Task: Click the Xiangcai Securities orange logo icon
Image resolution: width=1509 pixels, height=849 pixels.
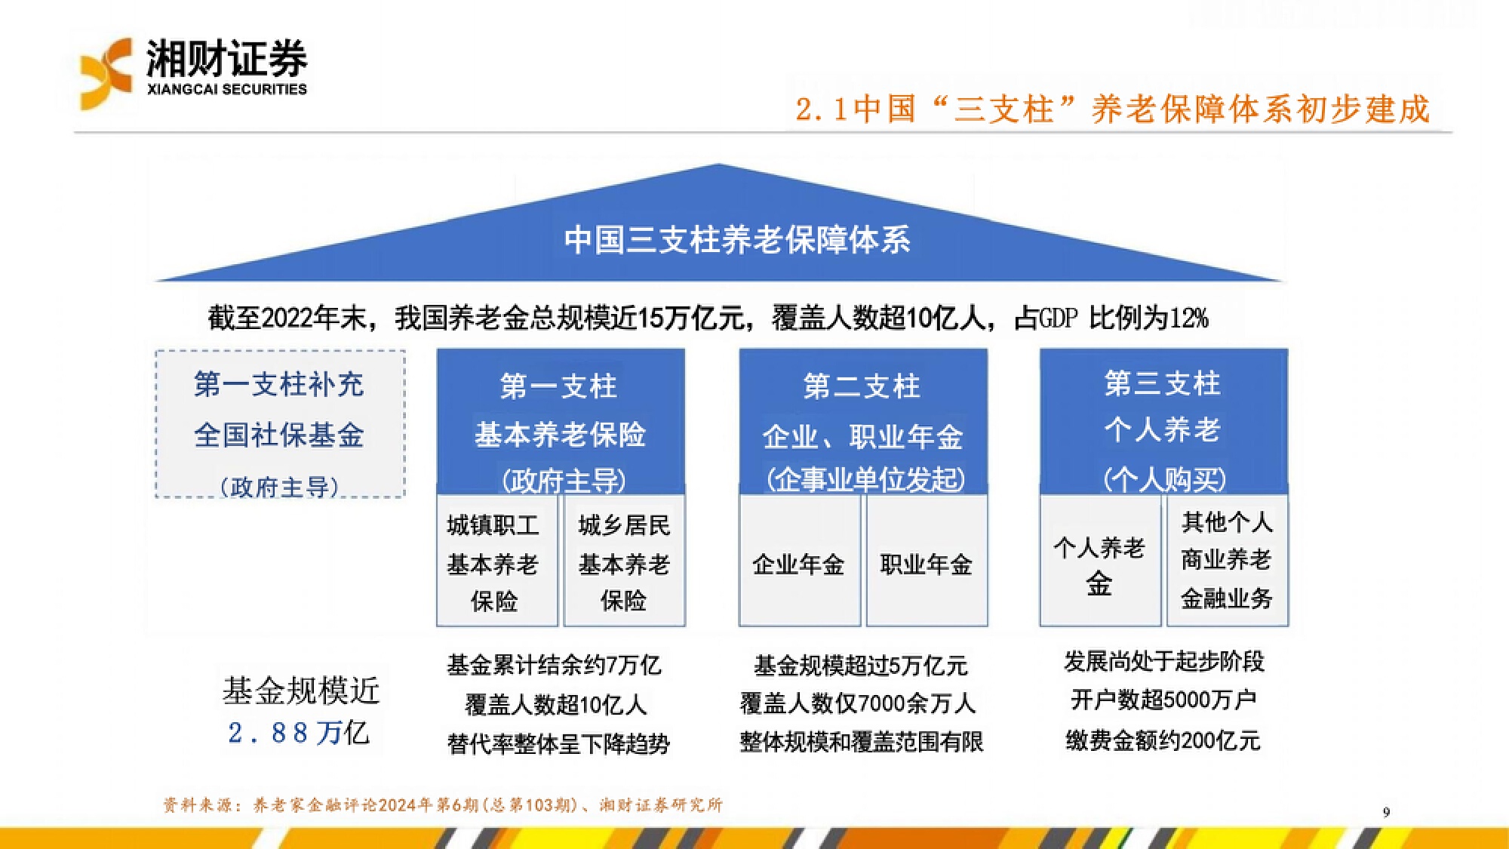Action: coord(106,74)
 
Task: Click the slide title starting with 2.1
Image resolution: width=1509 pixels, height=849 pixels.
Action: coord(1113,109)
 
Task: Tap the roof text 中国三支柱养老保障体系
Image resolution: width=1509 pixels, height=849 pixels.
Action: coord(737,239)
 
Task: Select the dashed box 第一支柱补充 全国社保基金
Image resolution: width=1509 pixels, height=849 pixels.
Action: coord(280,423)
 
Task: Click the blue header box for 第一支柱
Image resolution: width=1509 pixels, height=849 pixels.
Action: coord(561,421)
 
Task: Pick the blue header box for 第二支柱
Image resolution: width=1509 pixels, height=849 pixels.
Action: coord(863,421)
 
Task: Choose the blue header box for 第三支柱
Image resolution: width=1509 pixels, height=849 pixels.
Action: coord(1163,421)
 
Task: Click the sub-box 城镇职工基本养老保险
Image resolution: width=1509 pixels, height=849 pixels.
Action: coord(497,561)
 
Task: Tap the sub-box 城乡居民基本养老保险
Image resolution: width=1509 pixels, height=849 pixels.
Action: coord(625,561)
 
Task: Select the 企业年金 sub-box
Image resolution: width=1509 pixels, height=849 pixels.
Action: coord(800,561)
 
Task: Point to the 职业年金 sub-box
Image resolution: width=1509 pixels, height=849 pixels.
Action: coord(927,561)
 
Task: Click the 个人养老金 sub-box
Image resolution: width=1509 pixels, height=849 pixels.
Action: coord(1100,561)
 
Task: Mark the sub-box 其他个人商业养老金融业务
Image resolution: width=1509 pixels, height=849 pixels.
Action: coord(1228,561)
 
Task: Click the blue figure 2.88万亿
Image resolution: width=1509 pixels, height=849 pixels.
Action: coord(299,733)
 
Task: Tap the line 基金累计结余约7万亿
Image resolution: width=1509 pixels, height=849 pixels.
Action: coord(554,665)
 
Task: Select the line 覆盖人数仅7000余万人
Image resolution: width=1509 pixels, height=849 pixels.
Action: coord(858,703)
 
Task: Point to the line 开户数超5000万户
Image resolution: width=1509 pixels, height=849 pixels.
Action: coord(1163,700)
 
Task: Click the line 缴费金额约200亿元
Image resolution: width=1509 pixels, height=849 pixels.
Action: coord(1163,740)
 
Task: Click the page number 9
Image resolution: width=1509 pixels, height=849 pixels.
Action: coord(1386,812)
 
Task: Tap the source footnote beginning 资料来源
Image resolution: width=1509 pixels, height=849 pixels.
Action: coord(443,805)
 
